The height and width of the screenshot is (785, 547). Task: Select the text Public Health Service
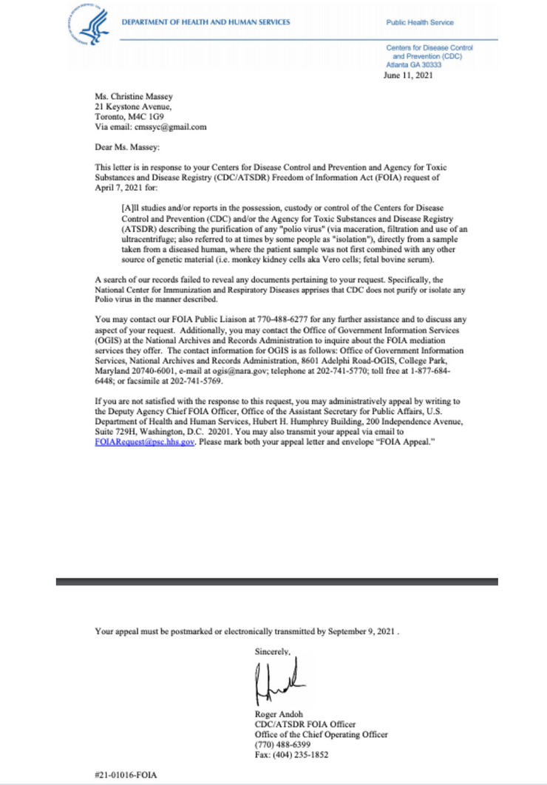pos(420,22)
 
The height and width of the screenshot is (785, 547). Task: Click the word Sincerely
pos(272,652)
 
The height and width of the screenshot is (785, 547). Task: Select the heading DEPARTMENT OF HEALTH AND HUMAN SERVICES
pos(206,22)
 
